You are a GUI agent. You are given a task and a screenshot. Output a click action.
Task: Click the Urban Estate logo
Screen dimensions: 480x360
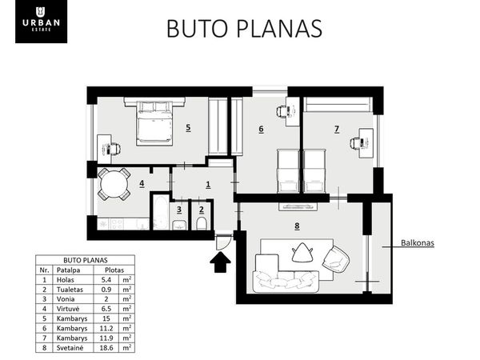(41, 22)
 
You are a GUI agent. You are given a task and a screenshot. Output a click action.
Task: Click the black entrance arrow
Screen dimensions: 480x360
(221, 262)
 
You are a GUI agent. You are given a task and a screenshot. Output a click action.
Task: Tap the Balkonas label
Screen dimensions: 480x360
(418, 243)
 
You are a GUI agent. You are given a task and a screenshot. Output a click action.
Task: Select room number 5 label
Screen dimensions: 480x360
(188, 127)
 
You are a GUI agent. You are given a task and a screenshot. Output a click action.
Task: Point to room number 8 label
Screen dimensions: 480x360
(297, 226)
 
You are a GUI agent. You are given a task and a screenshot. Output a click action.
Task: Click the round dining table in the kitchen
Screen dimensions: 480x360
(114, 184)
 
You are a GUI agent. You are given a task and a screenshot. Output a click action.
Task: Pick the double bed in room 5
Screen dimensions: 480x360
(154, 122)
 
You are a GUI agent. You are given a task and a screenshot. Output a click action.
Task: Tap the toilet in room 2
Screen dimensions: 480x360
(202, 223)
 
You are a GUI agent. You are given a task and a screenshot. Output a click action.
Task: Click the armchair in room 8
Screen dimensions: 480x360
(336, 259)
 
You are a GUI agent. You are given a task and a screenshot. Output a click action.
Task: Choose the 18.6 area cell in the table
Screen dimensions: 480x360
(106, 348)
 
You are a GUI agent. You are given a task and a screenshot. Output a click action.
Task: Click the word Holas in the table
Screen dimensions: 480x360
(66, 280)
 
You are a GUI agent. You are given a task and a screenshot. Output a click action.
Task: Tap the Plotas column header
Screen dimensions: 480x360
(114, 270)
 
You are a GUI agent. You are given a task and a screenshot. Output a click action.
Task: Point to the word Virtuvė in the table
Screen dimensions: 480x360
(67, 309)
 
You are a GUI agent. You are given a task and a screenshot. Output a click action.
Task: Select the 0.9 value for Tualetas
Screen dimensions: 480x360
(106, 290)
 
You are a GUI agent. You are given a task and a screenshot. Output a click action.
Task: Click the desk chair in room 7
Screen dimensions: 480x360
(356, 143)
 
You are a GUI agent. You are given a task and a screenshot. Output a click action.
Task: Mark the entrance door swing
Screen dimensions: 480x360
(222, 242)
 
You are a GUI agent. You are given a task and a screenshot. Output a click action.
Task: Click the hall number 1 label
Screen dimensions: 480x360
(208, 185)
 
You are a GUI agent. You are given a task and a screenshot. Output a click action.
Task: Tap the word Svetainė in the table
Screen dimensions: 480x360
(70, 348)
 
